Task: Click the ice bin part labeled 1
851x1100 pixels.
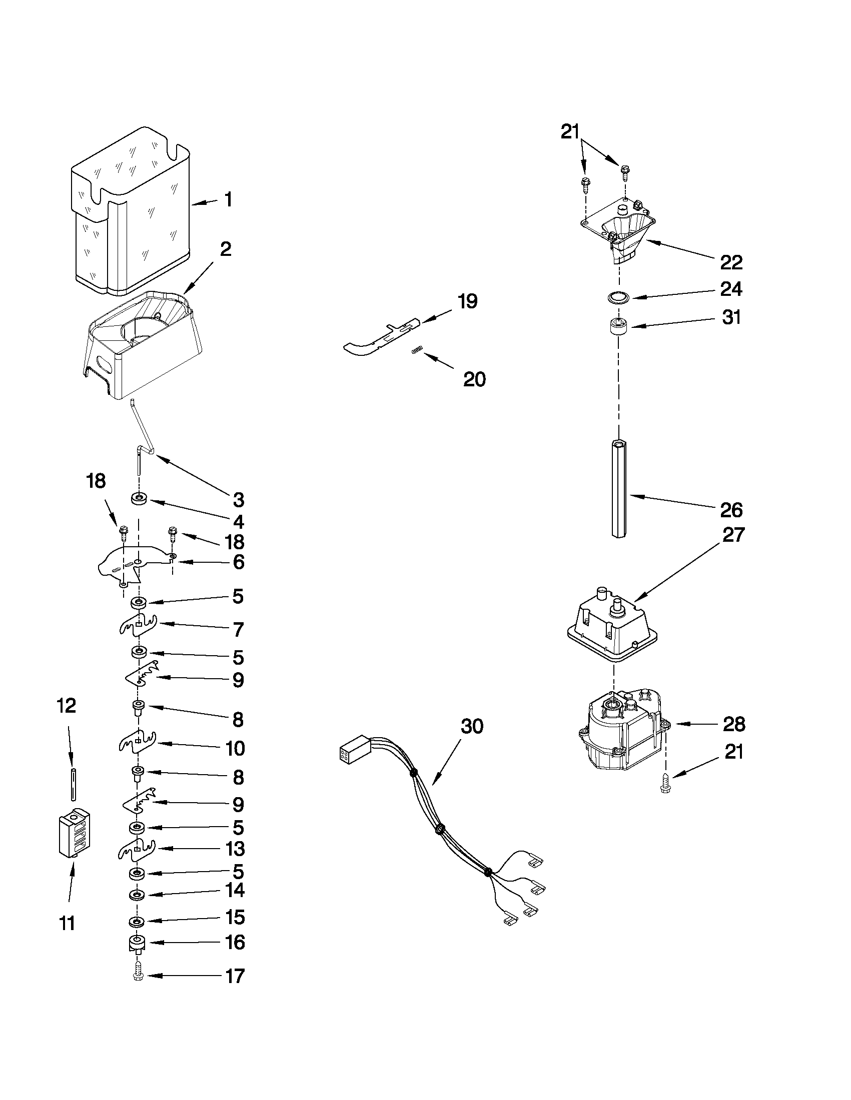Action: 131,211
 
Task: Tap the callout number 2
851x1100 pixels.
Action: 225,249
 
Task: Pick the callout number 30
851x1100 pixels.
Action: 472,726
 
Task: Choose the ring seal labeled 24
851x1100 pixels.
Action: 618,298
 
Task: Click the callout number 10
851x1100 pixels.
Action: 235,749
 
